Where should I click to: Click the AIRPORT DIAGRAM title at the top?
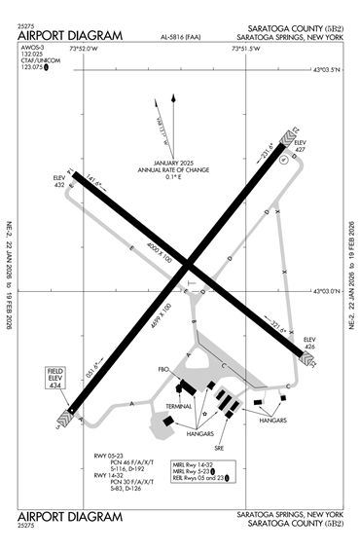pos(70,36)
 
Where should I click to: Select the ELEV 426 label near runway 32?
pos(310,342)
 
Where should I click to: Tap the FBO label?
pos(163,370)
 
